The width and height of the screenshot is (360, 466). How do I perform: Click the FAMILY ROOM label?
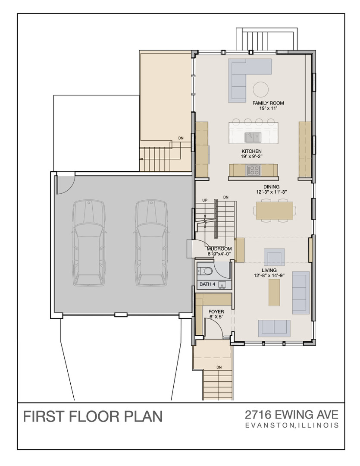tap(268, 103)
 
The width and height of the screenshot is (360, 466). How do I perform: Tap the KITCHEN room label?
tap(251, 151)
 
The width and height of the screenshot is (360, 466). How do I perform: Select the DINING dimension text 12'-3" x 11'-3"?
tap(271, 192)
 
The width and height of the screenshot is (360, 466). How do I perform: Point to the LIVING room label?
tap(269, 270)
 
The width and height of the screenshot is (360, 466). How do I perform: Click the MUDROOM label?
tap(219, 249)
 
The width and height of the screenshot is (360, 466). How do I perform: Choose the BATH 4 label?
tap(207, 284)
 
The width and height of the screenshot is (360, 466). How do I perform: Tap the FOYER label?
tap(216, 312)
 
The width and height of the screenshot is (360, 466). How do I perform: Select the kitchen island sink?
tap(252, 137)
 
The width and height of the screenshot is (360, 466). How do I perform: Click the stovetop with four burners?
tap(254, 170)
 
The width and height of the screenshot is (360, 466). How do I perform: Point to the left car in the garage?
tap(88, 243)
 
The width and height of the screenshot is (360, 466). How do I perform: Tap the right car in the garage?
tap(151, 243)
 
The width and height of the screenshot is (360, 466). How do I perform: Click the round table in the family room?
tap(261, 89)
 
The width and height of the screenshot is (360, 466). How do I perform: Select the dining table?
tap(275, 211)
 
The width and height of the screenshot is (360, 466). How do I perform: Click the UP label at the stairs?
tap(205, 200)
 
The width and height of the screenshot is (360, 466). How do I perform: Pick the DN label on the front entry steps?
tap(219, 367)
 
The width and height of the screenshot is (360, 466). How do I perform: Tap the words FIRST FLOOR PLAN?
tap(93, 416)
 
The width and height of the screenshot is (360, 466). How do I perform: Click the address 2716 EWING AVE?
tap(292, 414)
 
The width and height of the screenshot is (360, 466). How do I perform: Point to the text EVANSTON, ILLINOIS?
tap(292, 425)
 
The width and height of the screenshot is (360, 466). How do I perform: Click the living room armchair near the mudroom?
tap(275, 257)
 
